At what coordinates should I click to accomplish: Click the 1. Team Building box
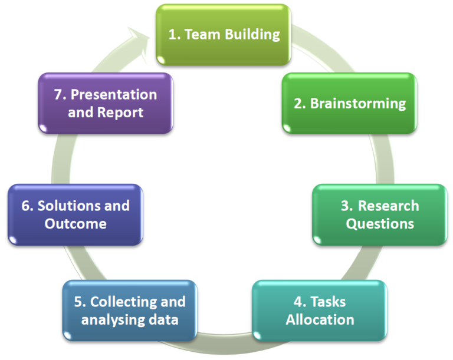click(x=224, y=35)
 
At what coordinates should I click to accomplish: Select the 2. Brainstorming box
click(x=349, y=103)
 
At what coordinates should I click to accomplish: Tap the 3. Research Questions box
click(x=380, y=215)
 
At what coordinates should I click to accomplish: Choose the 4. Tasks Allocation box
click(x=320, y=311)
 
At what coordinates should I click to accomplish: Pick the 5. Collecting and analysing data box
click(x=130, y=311)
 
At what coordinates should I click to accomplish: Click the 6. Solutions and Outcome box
click(x=75, y=215)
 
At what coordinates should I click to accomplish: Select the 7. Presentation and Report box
click(x=106, y=103)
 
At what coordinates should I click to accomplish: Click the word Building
click(x=252, y=35)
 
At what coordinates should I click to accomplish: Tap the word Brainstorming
click(x=358, y=104)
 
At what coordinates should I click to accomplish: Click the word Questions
click(x=380, y=224)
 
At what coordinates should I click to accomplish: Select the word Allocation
click(x=320, y=319)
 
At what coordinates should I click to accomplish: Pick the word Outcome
click(x=75, y=224)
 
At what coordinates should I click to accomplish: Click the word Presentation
click(x=114, y=94)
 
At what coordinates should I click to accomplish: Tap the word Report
click(x=120, y=113)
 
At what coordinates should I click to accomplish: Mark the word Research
click(x=388, y=206)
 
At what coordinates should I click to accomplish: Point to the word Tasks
click(x=328, y=302)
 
